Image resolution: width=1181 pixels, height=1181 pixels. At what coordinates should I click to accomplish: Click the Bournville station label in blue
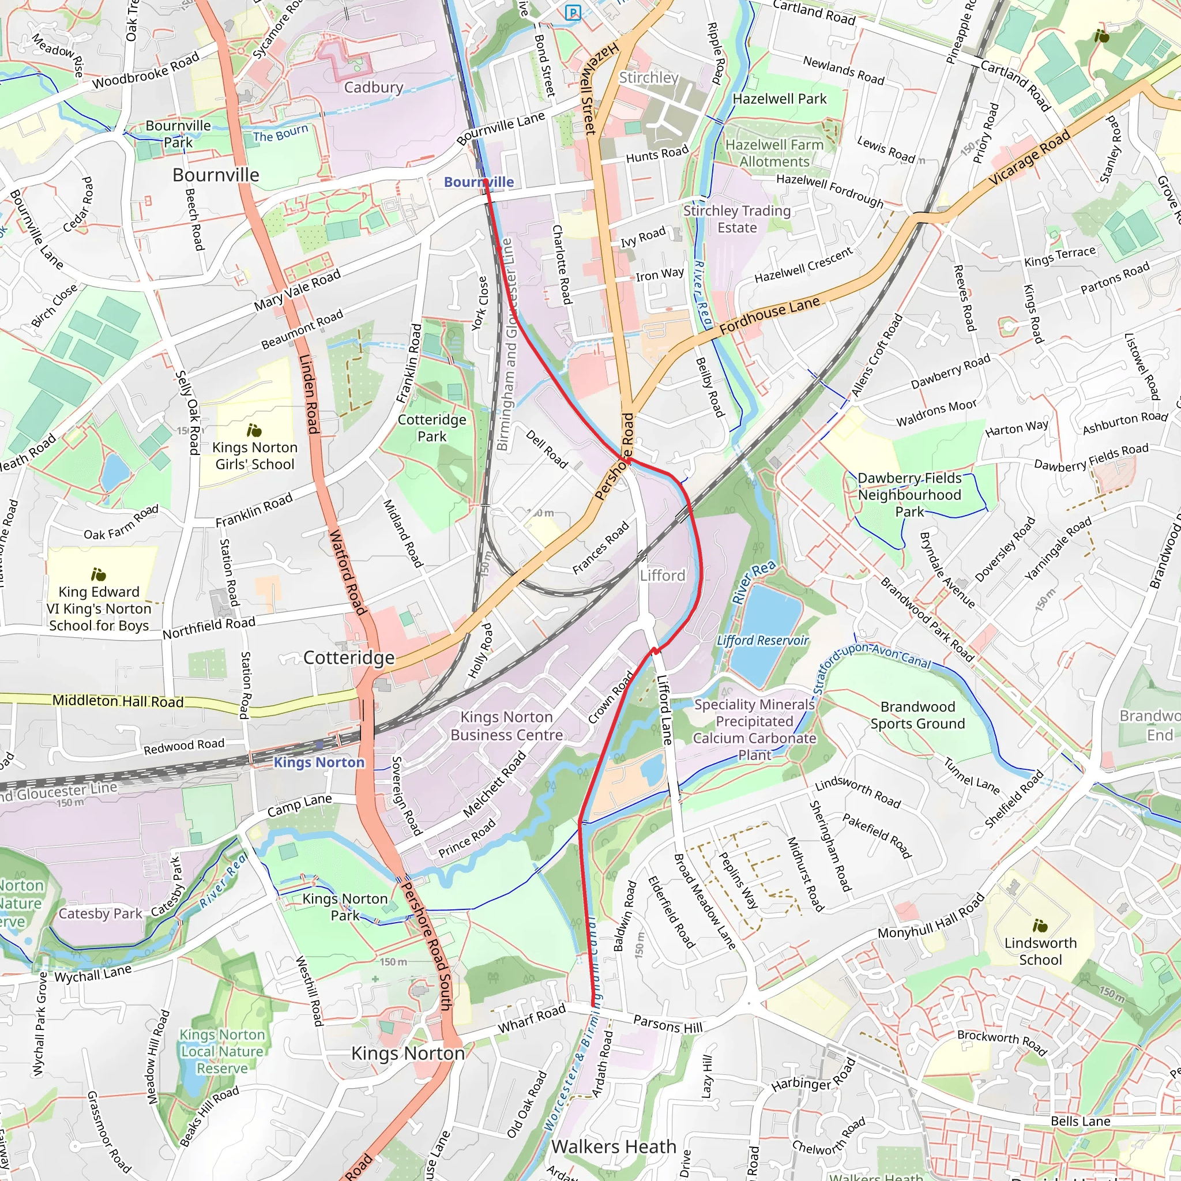479,182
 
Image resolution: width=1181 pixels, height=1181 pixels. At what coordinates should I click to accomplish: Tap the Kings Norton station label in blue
318,762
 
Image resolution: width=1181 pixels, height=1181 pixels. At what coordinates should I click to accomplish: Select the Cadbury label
374,88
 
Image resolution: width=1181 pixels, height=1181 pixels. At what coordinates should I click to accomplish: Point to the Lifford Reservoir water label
762,641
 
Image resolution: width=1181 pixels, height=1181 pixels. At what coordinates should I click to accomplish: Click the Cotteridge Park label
431,428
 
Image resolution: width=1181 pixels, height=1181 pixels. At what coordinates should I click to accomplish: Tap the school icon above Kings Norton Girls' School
254,430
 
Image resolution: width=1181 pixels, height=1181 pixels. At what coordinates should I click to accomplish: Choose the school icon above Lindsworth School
1040,926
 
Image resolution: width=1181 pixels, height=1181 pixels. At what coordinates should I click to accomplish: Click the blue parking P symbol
573,13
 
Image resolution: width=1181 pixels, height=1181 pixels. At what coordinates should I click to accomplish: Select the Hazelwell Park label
780,99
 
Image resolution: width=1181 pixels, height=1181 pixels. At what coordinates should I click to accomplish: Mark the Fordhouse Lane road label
769,315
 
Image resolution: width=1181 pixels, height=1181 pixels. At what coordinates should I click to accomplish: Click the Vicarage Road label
1029,157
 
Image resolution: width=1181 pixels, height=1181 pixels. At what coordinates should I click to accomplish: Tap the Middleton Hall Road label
118,701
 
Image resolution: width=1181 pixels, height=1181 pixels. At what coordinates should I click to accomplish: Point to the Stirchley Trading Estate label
736,219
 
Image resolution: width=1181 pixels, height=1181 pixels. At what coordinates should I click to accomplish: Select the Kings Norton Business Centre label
506,725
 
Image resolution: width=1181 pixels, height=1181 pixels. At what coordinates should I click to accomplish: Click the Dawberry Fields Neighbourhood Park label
909,495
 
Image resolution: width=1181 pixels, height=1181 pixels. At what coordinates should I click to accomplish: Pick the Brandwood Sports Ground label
917,715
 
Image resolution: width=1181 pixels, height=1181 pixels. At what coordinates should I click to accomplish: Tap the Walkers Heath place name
613,1147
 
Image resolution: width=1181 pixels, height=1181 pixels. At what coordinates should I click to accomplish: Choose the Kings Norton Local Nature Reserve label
222,1051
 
